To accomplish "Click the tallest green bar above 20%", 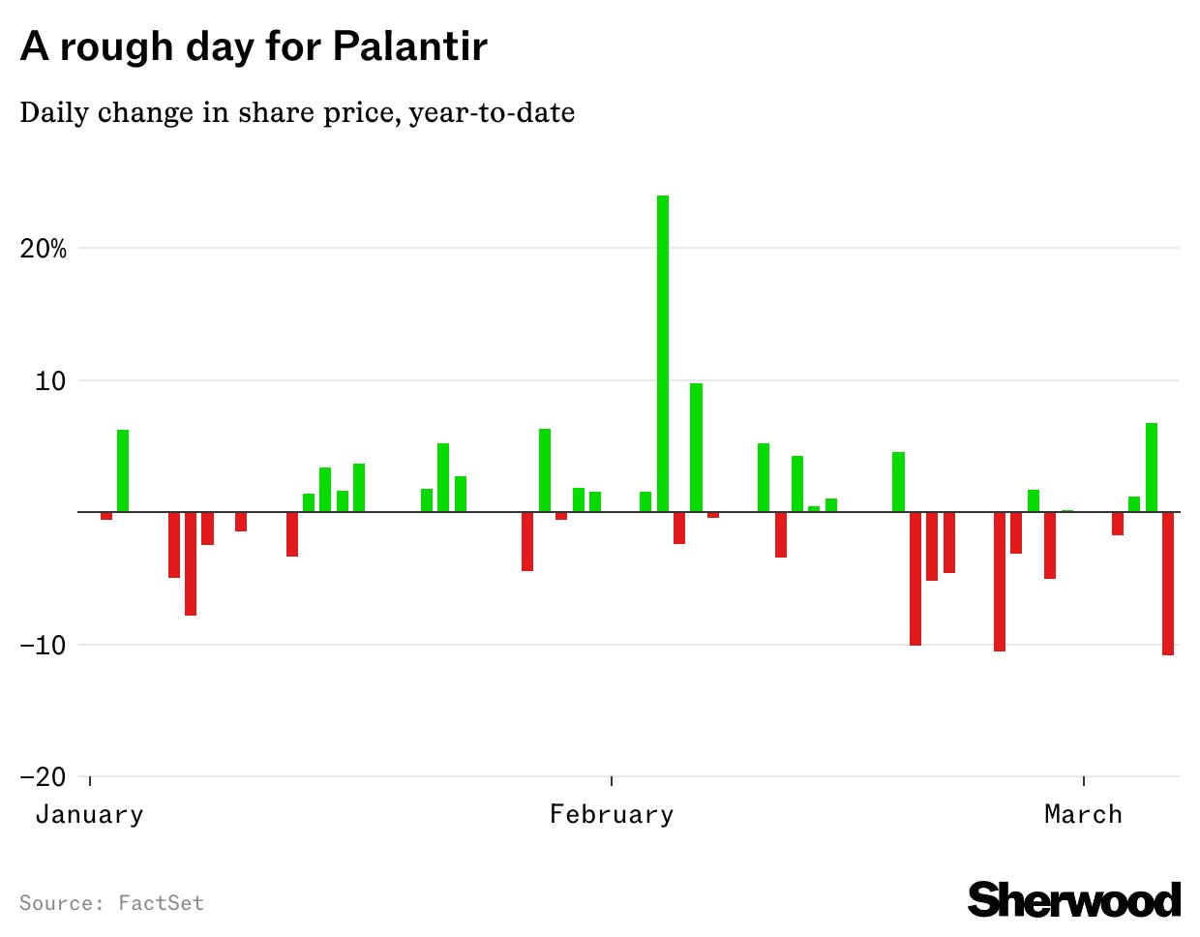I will tap(663, 353).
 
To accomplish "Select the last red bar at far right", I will tap(1168, 584).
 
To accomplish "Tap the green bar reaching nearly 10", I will tap(696, 447).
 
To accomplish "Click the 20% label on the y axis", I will tap(44, 249).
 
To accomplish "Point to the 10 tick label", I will tap(50, 381).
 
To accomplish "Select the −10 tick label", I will tap(44, 645).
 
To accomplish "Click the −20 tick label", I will tap(44, 777).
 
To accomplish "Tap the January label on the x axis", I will tap(89, 815).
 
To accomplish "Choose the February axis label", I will tap(612, 815).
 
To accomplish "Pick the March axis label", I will tap(1083, 815).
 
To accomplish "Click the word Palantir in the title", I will tap(410, 46).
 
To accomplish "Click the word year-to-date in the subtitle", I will tap(492, 113).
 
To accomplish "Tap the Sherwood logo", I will tap(1074, 900).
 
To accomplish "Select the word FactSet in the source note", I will tap(161, 904).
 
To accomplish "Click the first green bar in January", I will tap(123, 470).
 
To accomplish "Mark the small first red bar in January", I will tap(106, 516).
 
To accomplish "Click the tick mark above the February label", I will tap(612, 781).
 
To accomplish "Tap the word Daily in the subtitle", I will tap(54, 113).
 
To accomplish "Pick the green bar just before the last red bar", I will tap(1152, 468).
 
